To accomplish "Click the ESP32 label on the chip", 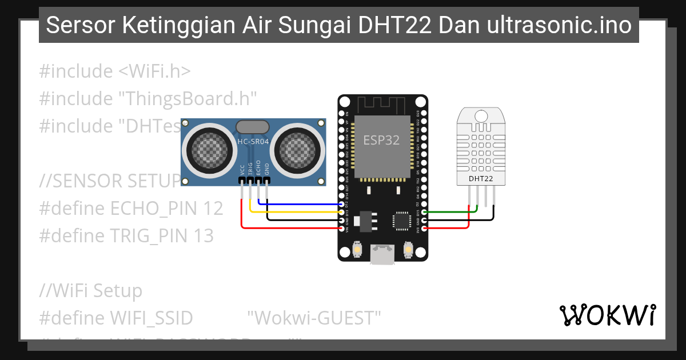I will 382,140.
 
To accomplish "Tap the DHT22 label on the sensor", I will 481,179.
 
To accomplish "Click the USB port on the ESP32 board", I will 382,254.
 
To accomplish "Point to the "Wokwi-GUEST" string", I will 314,318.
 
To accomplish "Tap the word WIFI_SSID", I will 151,318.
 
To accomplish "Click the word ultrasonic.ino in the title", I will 559,25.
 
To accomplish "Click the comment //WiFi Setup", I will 90,291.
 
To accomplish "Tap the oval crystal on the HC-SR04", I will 252,126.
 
